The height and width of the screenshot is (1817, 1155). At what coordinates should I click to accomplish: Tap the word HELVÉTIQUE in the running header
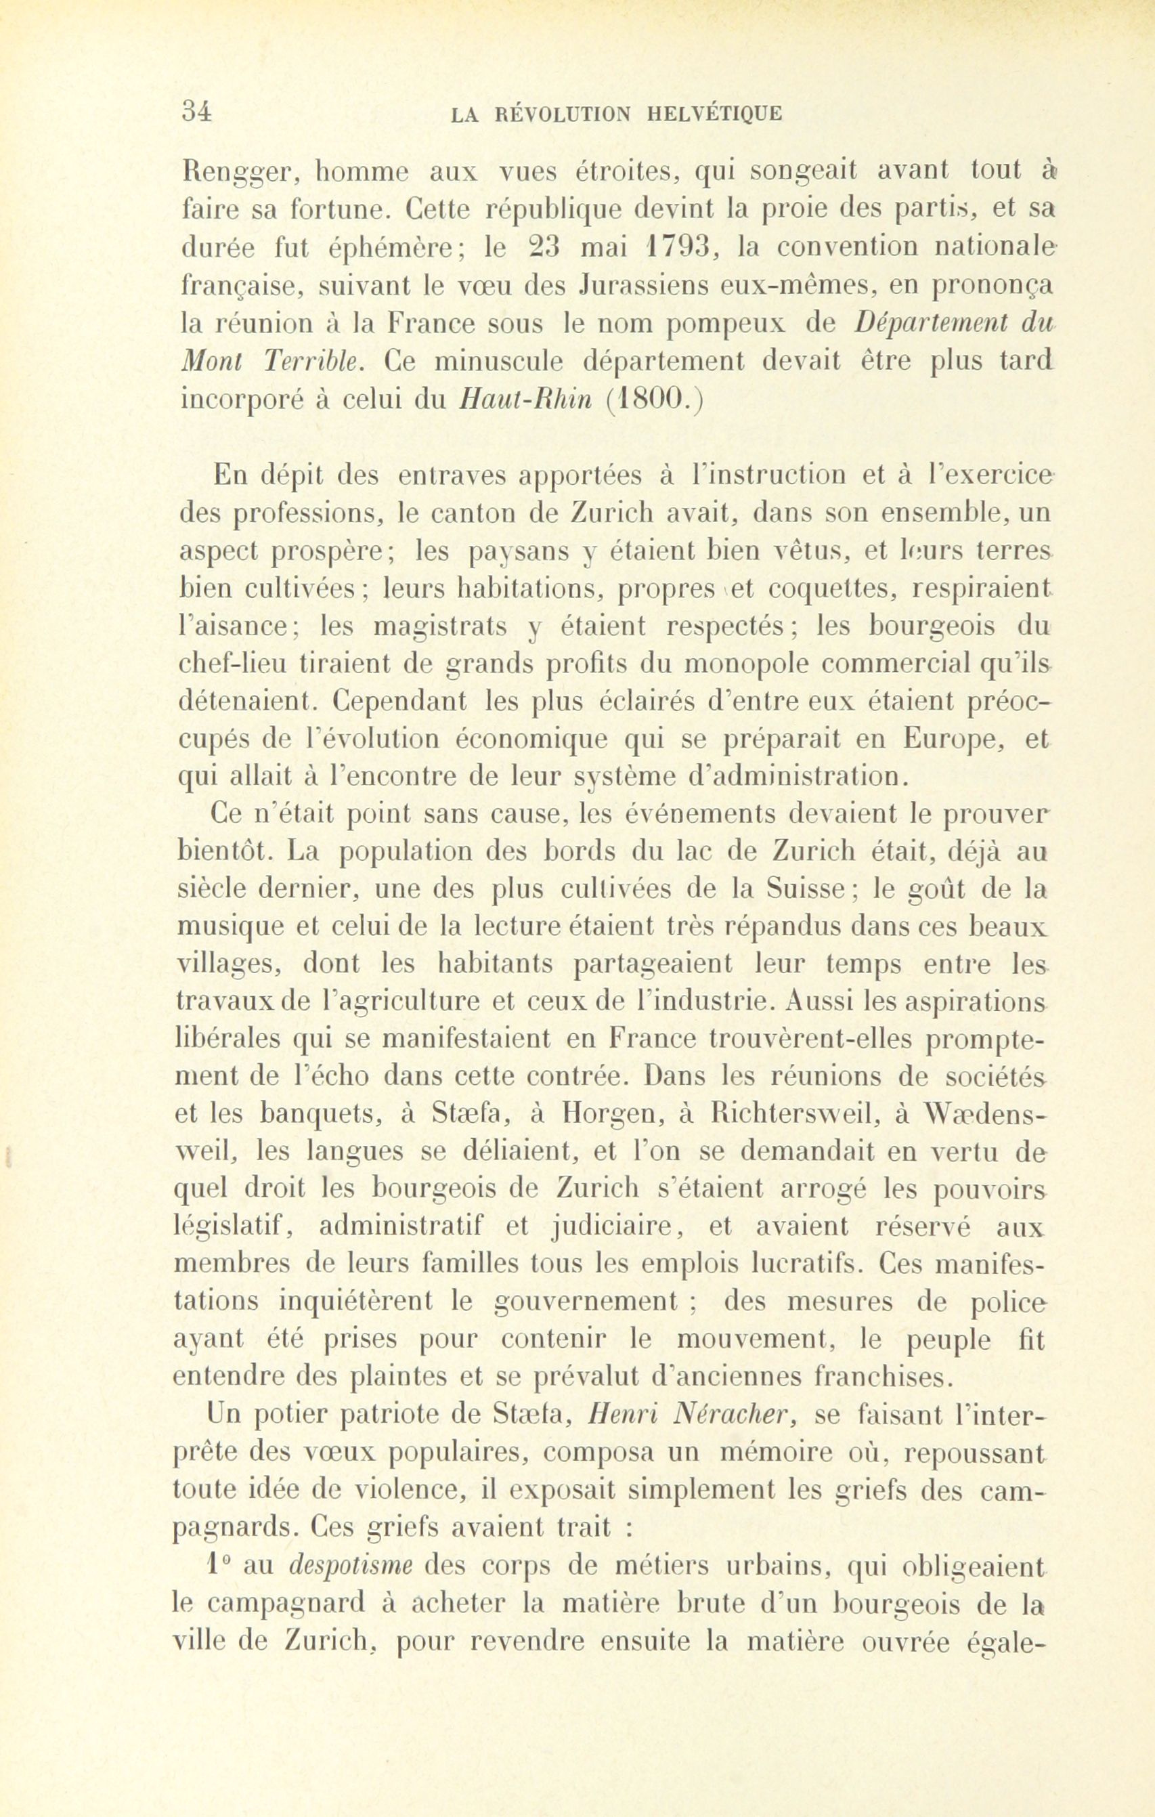[714, 114]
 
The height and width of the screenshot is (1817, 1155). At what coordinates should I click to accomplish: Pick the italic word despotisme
[349, 1567]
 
